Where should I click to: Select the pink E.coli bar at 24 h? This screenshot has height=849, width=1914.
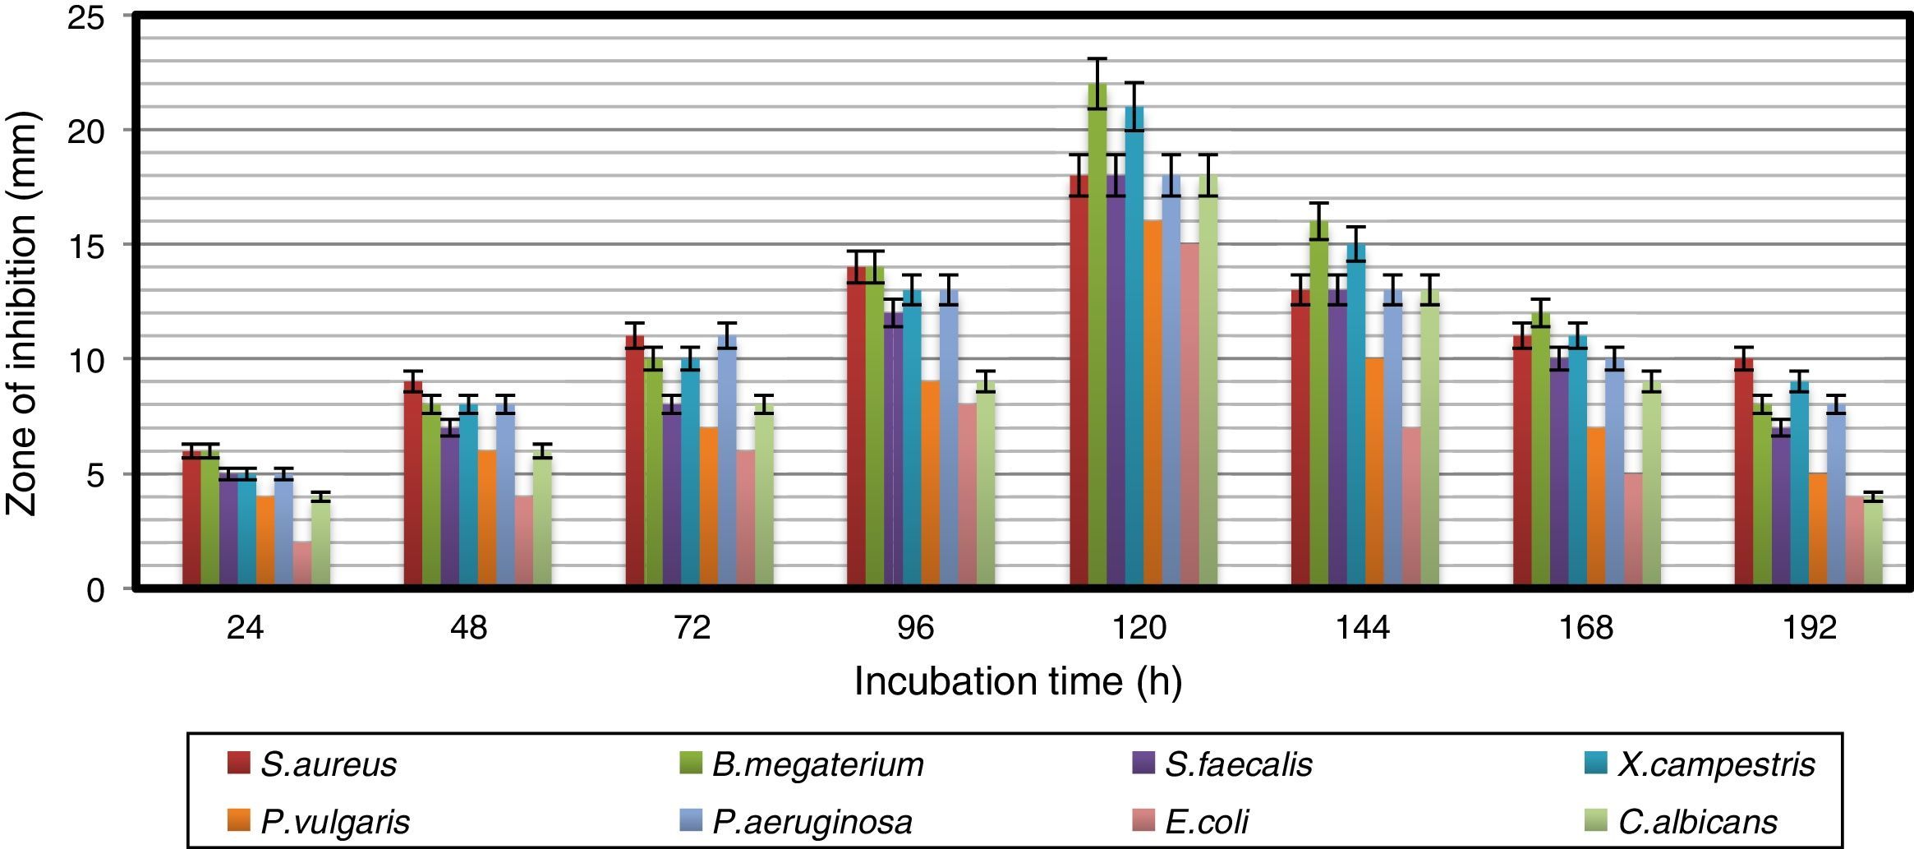pyautogui.click(x=302, y=565)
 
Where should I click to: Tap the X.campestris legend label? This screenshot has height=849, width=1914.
pyautogui.click(x=1716, y=764)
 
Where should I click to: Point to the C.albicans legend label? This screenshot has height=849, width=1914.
pyautogui.click(x=1697, y=822)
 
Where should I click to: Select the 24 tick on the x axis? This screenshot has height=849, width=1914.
pyautogui.click(x=246, y=629)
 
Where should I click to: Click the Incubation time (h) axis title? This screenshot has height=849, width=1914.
pyautogui.click(x=1018, y=681)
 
